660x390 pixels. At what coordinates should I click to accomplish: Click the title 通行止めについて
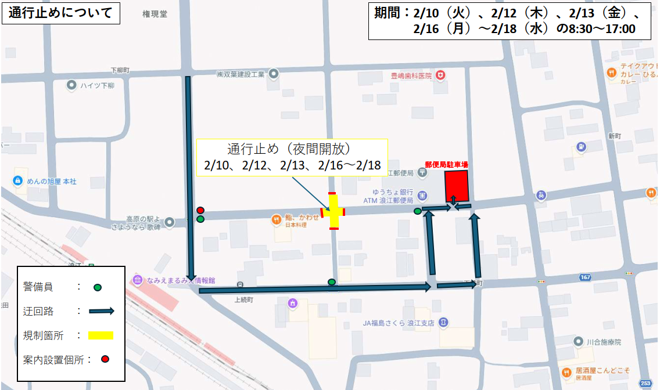pos(60,13)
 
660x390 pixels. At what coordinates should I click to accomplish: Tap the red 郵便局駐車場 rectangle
pos(456,186)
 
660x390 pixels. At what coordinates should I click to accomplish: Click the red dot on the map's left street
pos(200,210)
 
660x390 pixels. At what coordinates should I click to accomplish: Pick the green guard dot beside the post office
pos(417,211)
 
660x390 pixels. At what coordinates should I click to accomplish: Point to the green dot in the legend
pos(98,287)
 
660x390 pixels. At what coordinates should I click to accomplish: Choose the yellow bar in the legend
pos(101,335)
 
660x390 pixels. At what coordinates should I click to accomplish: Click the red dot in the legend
pos(105,359)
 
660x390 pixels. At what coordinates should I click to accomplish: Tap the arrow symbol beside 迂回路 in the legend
pos(101,311)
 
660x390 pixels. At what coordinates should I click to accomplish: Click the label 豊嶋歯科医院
pos(411,75)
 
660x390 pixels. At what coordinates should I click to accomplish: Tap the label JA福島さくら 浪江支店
pos(399,323)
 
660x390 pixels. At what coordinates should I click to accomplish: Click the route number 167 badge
pos(585,277)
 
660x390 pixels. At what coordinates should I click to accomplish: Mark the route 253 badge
pos(645,383)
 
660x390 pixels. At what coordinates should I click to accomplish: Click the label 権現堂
pos(155,14)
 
